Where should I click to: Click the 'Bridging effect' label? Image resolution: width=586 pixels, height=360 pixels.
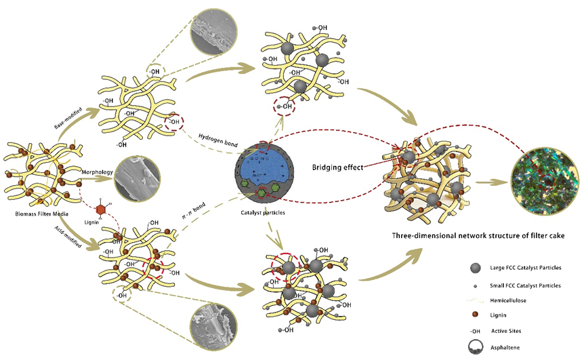337,166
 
